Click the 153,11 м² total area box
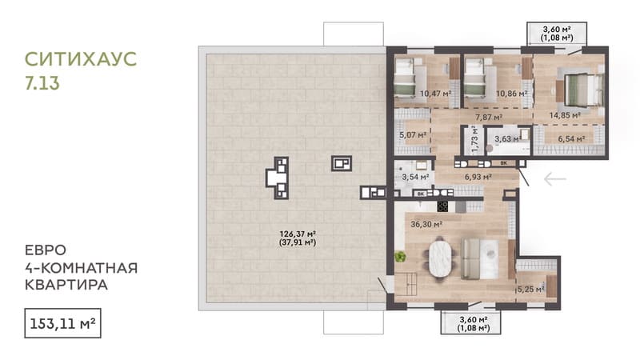pyautogui.click(x=62, y=323)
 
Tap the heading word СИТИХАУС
pyautogui.click(x=81, y=59)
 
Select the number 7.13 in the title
pyautogui.click(x=42, y=83)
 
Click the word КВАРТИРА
pyautogui.click(x=66, y=285)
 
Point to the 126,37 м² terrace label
pyautogui.click(x=298, y=234)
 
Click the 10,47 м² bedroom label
pyautogui.click(x=435, y=94)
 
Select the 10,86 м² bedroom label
pyautogui.click(x=511, y=94)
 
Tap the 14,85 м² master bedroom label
pyautogui.click(x=565, y=115)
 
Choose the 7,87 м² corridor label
pyautogui.click(x=489, y=118)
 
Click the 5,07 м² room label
pyautogui.click(x=413, y=134)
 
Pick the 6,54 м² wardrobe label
pyautogui.click(x=571, y=139)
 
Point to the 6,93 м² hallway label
pyautogui.click(x=478, y=177)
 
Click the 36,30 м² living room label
pyautogui.click(x=426, y=224)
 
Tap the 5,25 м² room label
pyautogui.click(x=530, y=290)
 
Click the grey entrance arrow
pyautogui.click(x=555, y=178)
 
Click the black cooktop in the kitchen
pyautogui.click(x=442, y=206)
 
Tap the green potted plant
pyautogui.click(x=400, y=257)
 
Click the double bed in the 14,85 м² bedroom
pyautogui.click(x=583, y=90)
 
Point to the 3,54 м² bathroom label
pyautogui.click(x=415, y=177)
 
